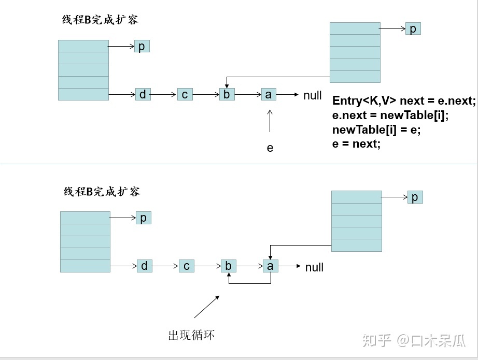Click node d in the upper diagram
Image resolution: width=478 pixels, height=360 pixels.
[143, 94]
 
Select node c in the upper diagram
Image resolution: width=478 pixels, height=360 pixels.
[185, 94]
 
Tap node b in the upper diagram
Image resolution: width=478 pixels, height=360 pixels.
[227, 94]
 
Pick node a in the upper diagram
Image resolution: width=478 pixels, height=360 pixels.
[268, 94]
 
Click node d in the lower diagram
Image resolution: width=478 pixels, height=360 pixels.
[144, 266]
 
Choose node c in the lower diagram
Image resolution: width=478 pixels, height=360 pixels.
[186, 266]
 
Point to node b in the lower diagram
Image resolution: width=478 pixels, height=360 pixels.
[228, 266]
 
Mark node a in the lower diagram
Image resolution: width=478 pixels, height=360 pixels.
[270, 266]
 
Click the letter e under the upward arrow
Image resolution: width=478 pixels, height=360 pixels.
[270, 148]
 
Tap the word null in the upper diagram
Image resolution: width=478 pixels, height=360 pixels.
[313, 95]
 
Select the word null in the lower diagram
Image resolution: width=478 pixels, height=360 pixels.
[314, 267]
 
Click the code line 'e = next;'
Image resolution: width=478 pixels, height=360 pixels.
[356, 144]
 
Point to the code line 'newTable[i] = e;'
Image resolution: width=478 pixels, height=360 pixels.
[376, 129]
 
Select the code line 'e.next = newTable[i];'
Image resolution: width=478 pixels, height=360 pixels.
[390, 115]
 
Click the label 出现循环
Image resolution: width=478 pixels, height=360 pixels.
[191, 335]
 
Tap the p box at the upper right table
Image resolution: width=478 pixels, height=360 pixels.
[413, 29]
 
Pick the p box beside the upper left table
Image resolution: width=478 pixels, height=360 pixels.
[142, 47]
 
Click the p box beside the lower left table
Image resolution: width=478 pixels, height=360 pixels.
[143, 218]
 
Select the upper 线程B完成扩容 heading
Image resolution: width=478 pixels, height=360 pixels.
[100, 20]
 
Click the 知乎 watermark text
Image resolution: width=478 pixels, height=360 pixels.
[376, 340]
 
